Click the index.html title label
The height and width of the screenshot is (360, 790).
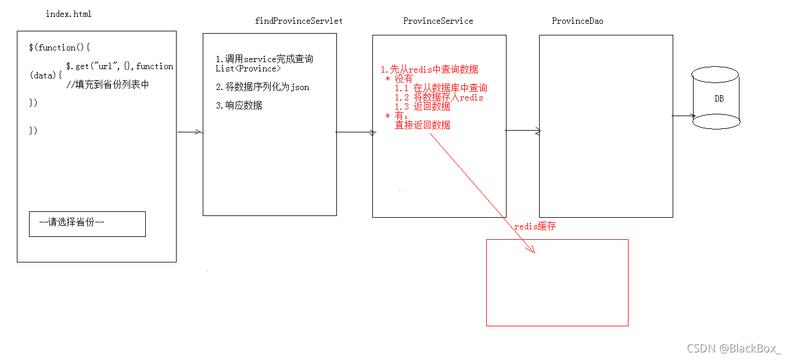point(69,14)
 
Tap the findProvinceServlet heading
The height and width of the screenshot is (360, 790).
point(299,21)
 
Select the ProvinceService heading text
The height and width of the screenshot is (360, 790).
point(438,21)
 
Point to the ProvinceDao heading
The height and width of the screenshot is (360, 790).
point(577,21)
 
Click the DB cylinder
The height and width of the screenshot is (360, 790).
point(716,98)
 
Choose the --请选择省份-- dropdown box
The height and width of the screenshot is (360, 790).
point(87,224)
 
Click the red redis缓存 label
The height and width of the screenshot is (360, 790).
point(535,226)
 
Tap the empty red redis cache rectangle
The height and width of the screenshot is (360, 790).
point(557,282)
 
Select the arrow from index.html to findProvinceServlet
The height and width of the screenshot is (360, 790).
point(189,132)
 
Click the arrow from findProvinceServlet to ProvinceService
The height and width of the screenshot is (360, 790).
point(355,132)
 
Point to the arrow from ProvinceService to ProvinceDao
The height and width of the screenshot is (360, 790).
point(522,131)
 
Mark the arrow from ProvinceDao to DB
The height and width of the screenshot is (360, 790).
point(683,116)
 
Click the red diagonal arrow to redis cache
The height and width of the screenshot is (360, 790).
point(482,192)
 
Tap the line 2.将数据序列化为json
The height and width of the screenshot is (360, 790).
point(262,87)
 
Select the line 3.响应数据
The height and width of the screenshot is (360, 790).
point(239,106)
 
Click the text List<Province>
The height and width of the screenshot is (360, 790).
point(247,69)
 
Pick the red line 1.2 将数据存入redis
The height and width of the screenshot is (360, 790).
point(439,98)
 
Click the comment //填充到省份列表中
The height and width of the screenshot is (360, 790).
point(107,85)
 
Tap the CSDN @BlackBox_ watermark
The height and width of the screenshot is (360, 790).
point(734,348)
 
